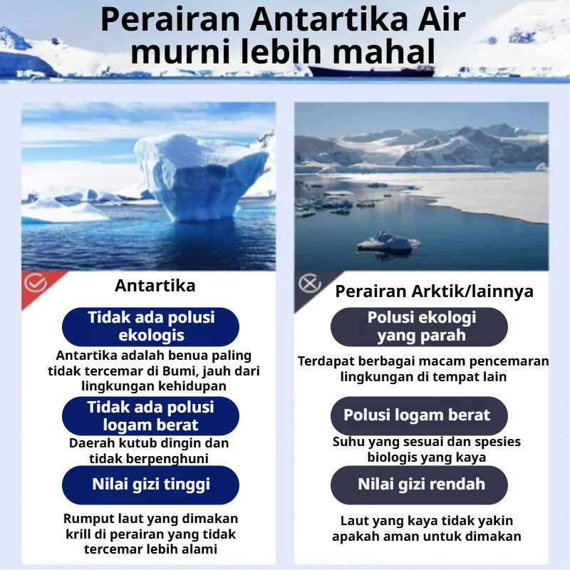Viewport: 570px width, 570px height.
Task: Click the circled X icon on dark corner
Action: pyautogui.click(x=309, y=284)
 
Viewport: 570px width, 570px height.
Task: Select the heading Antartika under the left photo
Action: pyautogui.click(x=155, y=286)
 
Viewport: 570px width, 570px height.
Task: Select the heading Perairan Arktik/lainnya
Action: pyautogui.click(x=434, y=291)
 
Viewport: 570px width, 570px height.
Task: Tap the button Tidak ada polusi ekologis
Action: pyautogui.click(x=150, y=326)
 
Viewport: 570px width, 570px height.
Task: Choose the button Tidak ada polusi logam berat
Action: pyautogui.click(x=150, y=416)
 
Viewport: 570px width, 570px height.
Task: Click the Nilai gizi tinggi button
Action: pyautogui.click(x=150, y=484)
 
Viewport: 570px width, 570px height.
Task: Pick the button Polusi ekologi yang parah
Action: pyautogui.click(x=419, y=326)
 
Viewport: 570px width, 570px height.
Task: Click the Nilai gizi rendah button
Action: pyautogui.click(x=419, y=484)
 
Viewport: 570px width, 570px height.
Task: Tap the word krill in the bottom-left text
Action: pyautogui.click(x=78, y=534)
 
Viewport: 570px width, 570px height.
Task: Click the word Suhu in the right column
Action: pyautogui.click(x=348, y=442)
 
